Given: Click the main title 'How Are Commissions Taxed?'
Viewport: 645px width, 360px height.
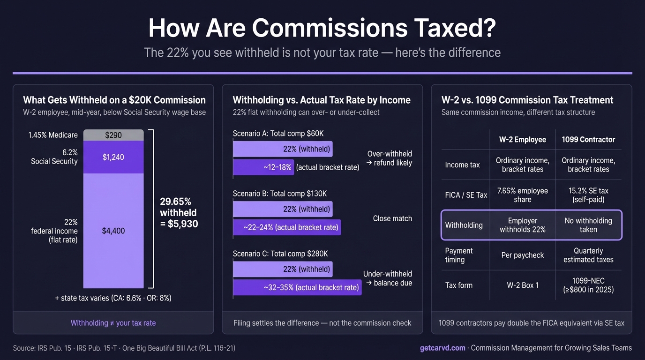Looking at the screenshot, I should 322,28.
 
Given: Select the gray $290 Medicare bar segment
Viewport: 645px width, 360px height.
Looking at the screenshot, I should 113,135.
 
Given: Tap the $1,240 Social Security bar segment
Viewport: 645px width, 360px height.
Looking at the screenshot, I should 113,157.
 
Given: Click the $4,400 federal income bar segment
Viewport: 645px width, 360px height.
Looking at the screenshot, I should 113,231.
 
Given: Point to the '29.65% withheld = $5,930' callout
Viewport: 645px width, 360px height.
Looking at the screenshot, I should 179,213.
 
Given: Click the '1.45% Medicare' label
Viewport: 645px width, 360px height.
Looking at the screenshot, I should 53,135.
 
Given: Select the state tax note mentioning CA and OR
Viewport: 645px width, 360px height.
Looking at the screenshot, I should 113,298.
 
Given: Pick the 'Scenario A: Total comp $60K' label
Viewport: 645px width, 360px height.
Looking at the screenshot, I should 278,134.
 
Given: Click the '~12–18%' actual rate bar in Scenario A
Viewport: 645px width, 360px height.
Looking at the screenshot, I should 263,167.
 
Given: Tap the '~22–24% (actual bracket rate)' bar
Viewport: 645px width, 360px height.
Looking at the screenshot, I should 287,227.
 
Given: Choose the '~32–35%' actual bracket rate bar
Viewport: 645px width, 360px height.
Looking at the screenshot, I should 297,287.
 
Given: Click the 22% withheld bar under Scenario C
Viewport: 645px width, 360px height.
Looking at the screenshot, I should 283,269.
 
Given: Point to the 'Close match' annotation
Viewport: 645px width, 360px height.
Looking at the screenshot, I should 392,218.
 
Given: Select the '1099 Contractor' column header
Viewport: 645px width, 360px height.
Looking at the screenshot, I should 588,140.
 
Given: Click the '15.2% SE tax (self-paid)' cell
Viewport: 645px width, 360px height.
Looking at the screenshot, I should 588,195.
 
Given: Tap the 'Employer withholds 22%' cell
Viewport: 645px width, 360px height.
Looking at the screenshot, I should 522,225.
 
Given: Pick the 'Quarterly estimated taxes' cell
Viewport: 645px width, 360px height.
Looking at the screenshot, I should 588,255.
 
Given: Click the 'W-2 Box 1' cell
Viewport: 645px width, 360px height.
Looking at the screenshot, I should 522,285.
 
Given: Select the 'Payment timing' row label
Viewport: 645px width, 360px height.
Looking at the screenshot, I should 459,255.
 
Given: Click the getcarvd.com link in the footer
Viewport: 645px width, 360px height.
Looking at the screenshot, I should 442,348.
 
